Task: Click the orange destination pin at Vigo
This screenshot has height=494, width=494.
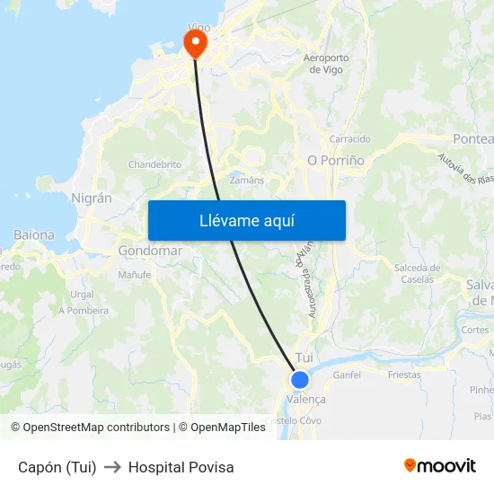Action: click(x=195, y=42)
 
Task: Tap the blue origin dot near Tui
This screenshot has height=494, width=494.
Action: click(x=300, y=380)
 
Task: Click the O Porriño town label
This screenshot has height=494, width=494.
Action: click(x=336, y=160)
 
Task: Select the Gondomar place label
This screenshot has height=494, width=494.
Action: click(x=150, y=251)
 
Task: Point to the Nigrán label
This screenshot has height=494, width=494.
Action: click(x=92, y=198)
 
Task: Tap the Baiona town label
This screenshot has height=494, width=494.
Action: click(x=34, y=234)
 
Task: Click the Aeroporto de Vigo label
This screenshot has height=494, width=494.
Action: click(x=326, y=64)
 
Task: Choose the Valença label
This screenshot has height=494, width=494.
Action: click(x=306, y=399)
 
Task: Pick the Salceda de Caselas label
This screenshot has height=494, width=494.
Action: click(x=417, y=273)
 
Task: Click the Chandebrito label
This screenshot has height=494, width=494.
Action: click(x=154, y=164)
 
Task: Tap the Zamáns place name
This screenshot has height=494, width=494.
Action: click(x=247, y=180)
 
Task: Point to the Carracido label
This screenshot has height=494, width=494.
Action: click(x=349, y=139)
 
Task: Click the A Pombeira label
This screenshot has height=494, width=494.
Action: click(x=84, y=311)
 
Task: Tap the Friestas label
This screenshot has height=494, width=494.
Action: click(x=403, y=375)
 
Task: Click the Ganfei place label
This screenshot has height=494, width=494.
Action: click(x=347, y=375)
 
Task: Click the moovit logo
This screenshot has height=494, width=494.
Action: click(x=439, y=465)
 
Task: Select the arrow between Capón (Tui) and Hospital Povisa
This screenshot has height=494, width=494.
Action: click(x=112, y=467)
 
